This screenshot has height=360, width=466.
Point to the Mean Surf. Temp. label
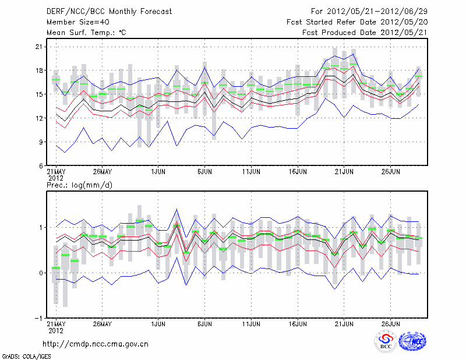click(x=86, y=33)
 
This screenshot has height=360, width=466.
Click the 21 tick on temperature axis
click(x=40, y=47)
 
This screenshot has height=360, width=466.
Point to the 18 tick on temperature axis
click(x=40, y=70)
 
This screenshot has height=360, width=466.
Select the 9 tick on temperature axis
click(x=42, y=142)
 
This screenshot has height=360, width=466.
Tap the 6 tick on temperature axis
click(x=42, y=165)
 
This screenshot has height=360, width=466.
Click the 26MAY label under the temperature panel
click(x=102, y=172)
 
